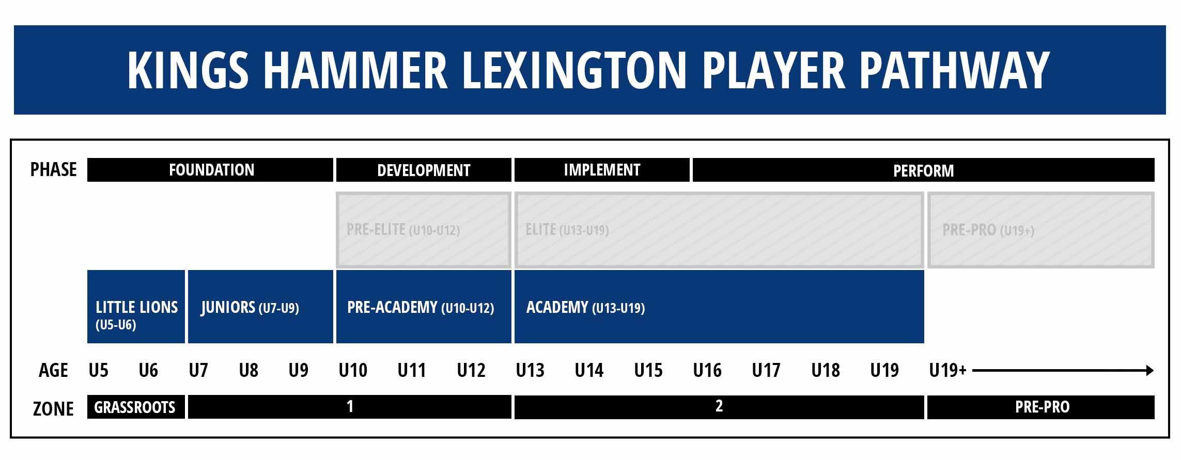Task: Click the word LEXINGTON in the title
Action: tap(574, 70)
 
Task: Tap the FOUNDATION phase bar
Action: tap(210, 170)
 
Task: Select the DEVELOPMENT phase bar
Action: tap(424, 170)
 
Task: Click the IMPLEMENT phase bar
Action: tap(602, 170)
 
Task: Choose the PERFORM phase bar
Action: tap(923, 170)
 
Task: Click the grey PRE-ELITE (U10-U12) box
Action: tap(424, 230)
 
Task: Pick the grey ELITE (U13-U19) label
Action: tap(567, 230)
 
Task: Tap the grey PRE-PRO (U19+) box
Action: tap(1040, 230)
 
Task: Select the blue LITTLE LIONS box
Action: tap(136, 307)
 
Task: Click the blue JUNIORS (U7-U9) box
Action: tap(260, 307)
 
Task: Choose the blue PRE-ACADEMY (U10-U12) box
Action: tap(424, 307)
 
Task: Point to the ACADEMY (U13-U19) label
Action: tap(585, 308)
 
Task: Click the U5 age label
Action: tap(99, 370)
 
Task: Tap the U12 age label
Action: tap(471, 370)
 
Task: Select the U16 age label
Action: tap(707, 370)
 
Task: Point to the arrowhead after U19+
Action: tap(1149, 370)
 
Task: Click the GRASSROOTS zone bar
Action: tap(136, 407)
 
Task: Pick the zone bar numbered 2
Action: tap(719, 407)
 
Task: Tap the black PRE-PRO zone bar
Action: tap(1040, 407)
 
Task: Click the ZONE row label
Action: tap(53, 408)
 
